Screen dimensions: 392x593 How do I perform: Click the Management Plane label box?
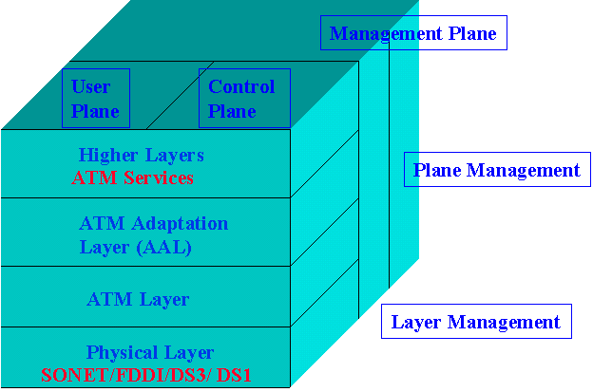pos(413,34)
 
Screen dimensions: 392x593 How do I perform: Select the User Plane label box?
pos(95,99)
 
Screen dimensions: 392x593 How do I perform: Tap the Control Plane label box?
pos(242,99)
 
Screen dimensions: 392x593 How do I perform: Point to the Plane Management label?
pos(496,171)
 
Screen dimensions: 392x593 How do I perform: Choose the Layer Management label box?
pos(476,322)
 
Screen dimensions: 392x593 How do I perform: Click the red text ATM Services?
pos(132,177)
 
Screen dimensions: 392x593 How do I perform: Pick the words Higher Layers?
pos(141,155)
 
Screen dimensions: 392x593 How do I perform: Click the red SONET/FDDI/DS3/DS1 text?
pos(151,374)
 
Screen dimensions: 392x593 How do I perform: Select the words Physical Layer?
pos(150,352)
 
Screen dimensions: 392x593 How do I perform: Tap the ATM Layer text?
pos(138,300)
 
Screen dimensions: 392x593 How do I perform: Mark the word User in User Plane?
pos(91,87)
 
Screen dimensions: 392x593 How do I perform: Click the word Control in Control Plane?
pos(241,87)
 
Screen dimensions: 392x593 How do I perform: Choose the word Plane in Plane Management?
pos(436,171)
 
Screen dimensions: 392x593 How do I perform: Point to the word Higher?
pos(107,155)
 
